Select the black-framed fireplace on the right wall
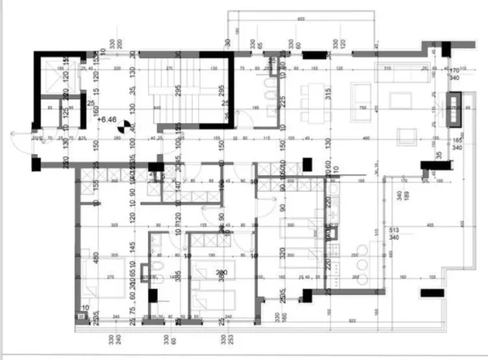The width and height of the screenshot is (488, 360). click(x=454, y=109)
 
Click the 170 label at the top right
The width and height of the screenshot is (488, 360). click(x=454, y=70)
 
